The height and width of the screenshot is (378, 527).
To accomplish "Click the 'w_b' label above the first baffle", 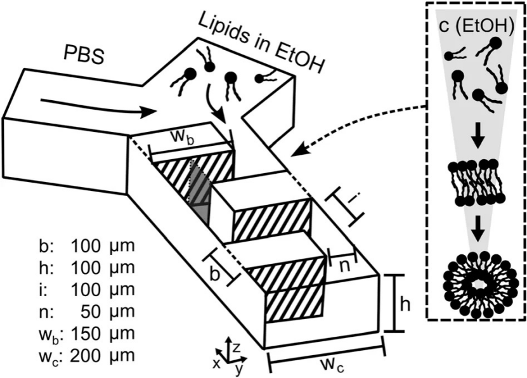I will pos(184,138).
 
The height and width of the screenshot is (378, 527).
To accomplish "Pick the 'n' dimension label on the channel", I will pos(342,266).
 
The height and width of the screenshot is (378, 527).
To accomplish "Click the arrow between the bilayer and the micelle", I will pos(476,229).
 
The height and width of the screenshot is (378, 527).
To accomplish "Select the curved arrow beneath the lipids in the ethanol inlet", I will pos(215,108).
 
